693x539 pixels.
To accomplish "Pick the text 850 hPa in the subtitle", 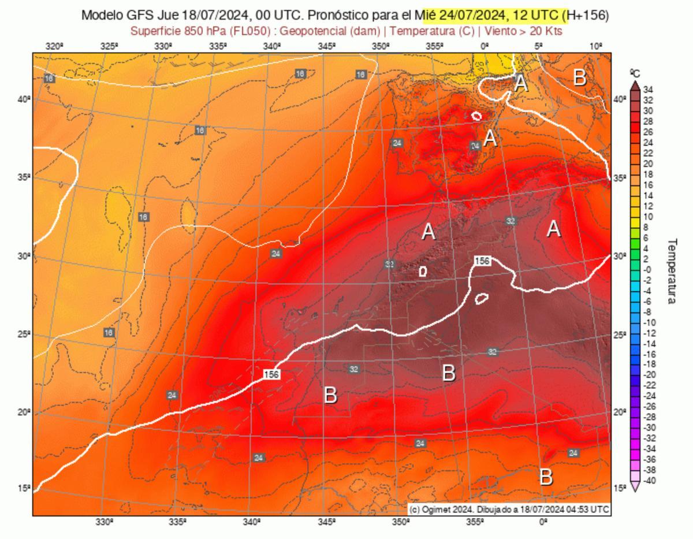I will pos(195,31).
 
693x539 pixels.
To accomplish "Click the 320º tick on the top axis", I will pos(54,46).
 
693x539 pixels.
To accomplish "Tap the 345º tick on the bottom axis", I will pos(326,522).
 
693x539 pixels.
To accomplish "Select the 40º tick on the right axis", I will pos(619,99).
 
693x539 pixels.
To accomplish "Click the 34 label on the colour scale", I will pos(648,90).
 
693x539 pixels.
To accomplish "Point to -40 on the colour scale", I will pos(648,480).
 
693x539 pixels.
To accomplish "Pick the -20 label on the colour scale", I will pos(648,374).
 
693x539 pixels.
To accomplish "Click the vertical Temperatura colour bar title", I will pos(672,272).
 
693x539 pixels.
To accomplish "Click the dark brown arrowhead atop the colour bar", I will pos(635,84).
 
